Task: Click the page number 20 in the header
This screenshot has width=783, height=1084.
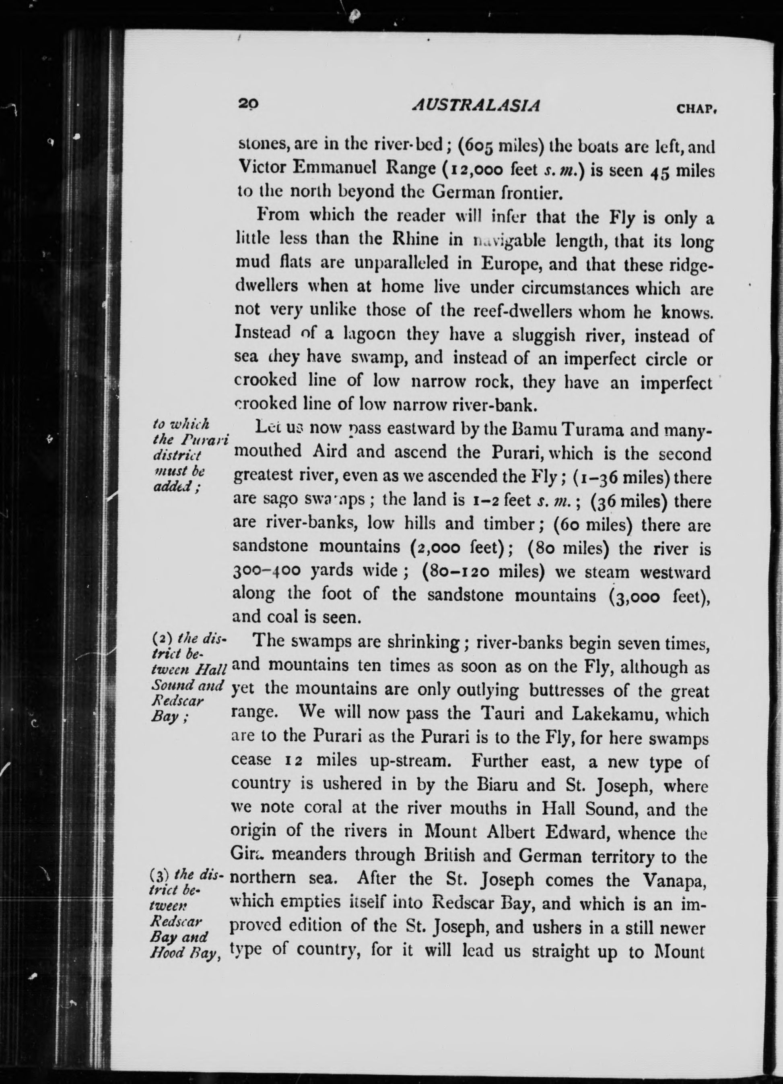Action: [x=248, y=105]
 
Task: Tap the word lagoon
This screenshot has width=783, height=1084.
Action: [x=367, y=335]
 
